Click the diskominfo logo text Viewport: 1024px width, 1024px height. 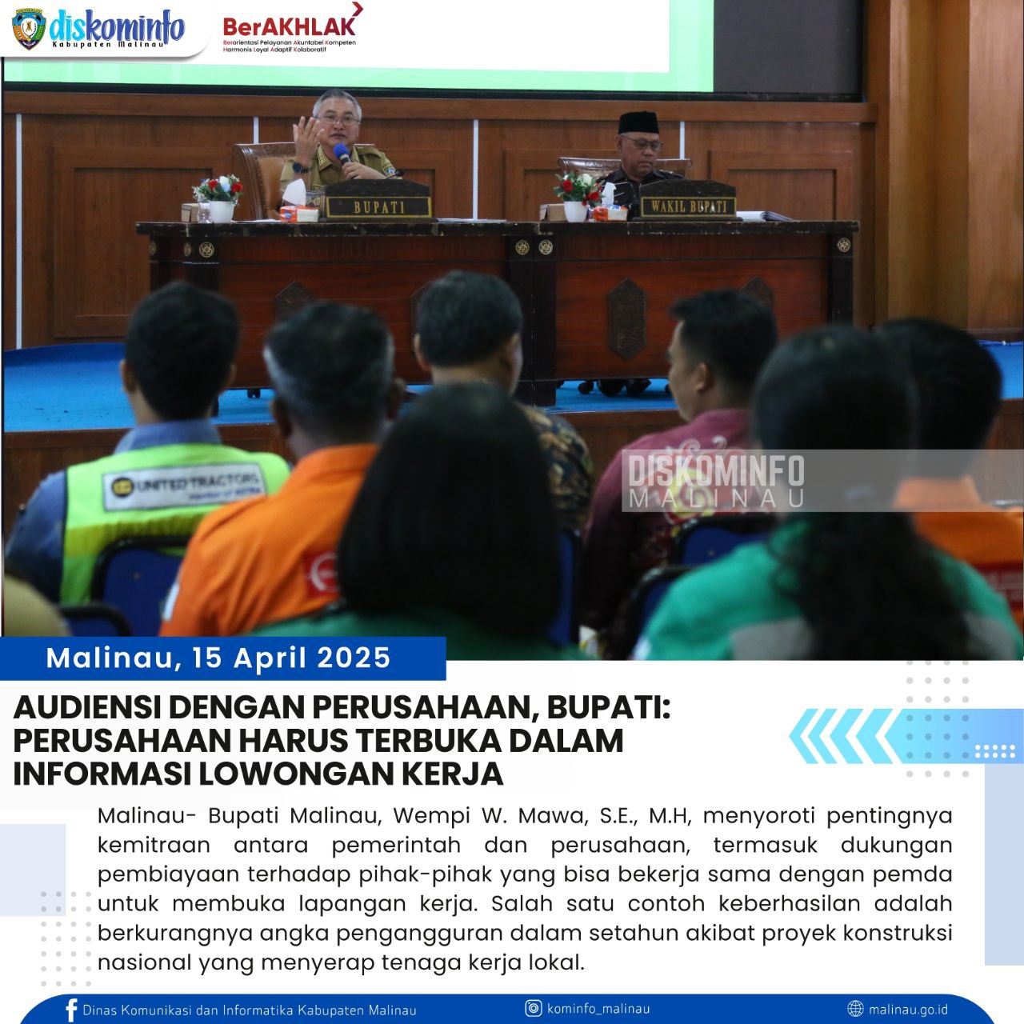tap(117, 27)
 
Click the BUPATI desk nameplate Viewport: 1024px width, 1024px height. tap(378, 207)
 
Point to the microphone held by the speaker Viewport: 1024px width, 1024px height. tap(342, 153)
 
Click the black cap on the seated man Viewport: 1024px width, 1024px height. tap(638, 123)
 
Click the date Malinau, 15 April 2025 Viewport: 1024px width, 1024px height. tap(218, 658)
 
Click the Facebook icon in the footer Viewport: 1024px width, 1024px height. tap(71, 1010)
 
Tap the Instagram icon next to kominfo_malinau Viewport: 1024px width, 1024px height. tap(534, 1009)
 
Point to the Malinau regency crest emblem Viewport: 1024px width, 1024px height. tap(29, 29)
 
